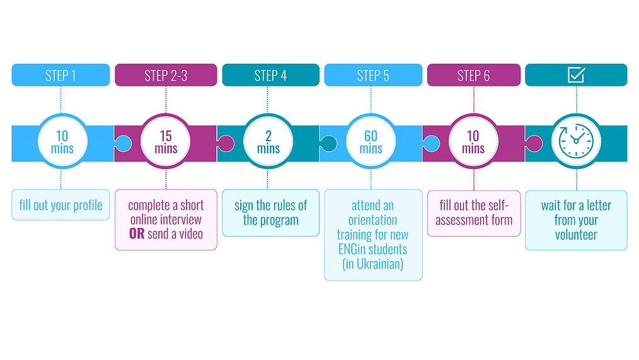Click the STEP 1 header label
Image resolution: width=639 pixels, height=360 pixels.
tap(60, 76)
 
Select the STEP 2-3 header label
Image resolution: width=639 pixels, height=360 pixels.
tap(166, 76)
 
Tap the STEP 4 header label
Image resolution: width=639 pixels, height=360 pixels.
tap(270, 76)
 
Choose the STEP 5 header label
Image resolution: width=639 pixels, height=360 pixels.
tap(373, 76)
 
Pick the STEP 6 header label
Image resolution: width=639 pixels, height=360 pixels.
tap(473, 76)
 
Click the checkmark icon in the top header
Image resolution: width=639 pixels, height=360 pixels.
tap(576, 75)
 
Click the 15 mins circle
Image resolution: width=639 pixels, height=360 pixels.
tap(166, 142)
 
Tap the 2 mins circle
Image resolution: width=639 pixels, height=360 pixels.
tap(268, 142)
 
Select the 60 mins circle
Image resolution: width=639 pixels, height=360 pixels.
tap(371, 142)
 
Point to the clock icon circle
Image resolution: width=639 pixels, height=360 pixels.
tap(576, 142)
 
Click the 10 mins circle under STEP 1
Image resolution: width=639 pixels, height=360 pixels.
tap(62, 142)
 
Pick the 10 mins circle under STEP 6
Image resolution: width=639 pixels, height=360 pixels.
tap(473, 142)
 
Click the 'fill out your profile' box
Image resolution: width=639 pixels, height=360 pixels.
tap(60, 206)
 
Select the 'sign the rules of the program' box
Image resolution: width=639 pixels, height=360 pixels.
tap(270, 212)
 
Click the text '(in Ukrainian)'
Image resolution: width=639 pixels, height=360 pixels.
tap(373, 264)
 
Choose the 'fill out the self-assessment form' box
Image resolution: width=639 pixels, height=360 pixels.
tap(474, 213)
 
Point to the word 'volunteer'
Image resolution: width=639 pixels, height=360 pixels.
tap(576, 235)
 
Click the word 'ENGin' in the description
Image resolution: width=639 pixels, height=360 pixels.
tap(354, 250)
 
